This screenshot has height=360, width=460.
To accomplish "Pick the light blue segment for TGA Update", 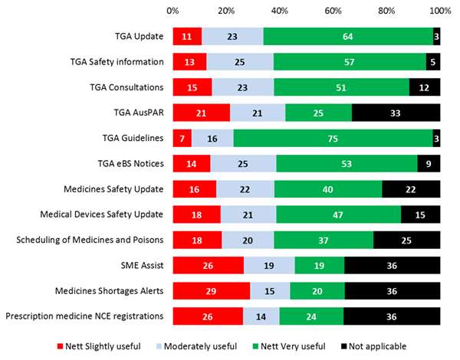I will click(232, 37).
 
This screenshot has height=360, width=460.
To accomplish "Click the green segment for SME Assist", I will click(319, 264).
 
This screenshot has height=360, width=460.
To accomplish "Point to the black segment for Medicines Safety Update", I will click(411, 188).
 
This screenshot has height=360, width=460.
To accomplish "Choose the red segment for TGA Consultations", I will click(192, 87).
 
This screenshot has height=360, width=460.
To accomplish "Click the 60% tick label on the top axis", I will click(333, 11).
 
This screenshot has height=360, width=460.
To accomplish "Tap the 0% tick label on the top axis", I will click(173, 11).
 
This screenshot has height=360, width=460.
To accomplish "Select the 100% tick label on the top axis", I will click(439, 11).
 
